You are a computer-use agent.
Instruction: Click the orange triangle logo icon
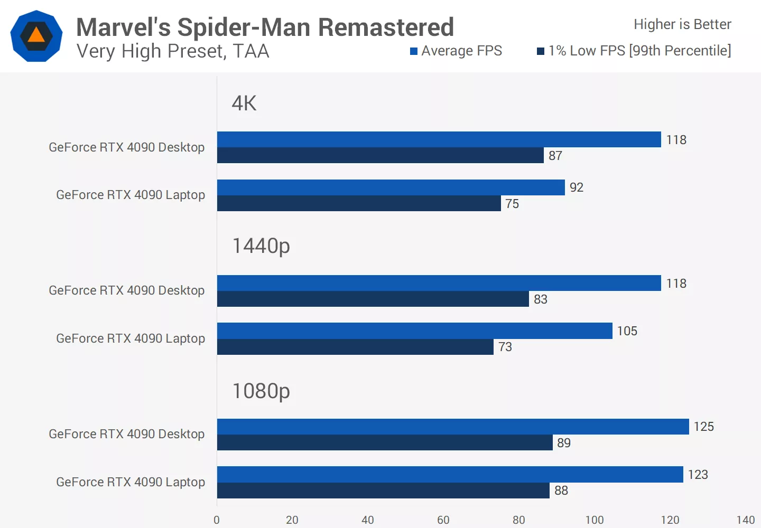[36, 35]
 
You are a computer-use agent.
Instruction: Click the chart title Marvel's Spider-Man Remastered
[265, 27]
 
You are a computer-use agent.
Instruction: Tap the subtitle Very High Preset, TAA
[173, 51]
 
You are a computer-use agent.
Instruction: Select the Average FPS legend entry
[456, 51]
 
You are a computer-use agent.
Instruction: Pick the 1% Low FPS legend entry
[634, 51]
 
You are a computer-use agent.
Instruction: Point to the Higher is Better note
[682, 24]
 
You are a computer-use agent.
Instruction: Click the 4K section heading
[244, 103]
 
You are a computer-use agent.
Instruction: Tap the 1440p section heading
[261, 246]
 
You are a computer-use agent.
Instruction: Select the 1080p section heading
[261, 391]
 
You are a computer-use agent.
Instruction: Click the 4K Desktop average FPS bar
[439, 139]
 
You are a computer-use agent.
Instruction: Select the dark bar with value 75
[359, 203]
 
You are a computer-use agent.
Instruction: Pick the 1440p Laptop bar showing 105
[414, 331]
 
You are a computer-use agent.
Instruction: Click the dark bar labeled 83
[373, 299]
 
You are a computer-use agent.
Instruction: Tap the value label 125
[703, 427]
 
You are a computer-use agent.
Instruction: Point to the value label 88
[561, 491]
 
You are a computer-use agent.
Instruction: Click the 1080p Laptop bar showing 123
[450, 474]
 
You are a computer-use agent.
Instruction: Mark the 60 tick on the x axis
[443, 520]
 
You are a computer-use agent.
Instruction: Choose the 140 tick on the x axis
[745, 520]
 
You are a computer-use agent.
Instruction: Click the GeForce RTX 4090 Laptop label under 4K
[131, 195]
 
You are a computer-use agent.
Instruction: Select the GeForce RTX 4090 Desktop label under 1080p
[126, 434]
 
